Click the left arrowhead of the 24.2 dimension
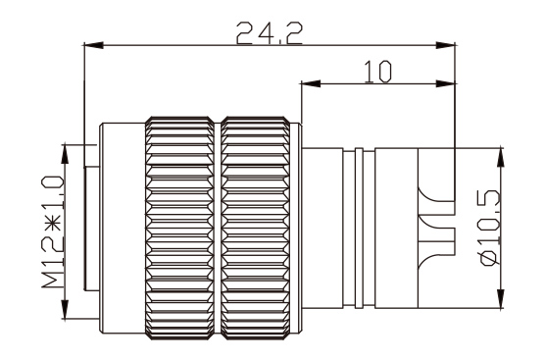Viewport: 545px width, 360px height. (91, 44)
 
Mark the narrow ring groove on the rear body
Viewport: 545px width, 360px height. (360, 228)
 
